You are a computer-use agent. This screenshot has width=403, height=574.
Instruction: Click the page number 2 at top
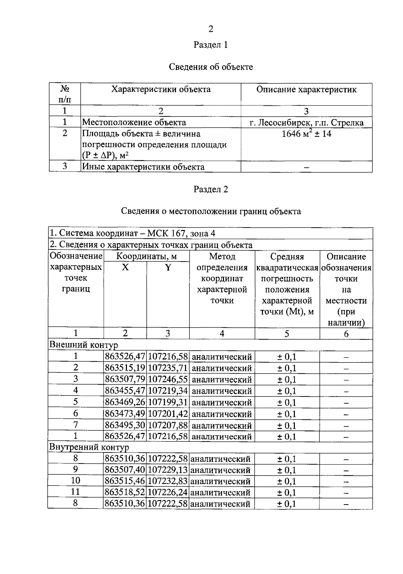211,29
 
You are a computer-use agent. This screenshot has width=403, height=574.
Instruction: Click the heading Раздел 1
211,45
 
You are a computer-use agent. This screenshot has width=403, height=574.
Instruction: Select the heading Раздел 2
211,189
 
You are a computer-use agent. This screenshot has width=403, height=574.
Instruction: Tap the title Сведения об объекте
211,67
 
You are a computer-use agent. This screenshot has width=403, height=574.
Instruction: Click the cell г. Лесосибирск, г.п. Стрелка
306,123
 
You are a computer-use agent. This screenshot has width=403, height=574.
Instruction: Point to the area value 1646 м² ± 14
306,134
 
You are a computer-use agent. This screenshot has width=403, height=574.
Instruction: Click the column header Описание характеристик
306,90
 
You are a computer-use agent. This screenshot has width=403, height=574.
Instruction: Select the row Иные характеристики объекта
143,167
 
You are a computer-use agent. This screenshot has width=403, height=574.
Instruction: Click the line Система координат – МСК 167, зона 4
133,233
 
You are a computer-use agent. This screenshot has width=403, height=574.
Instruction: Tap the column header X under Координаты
125,268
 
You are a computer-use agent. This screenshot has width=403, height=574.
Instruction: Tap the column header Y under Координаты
168,268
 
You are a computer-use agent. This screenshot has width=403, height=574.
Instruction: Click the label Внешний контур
84,345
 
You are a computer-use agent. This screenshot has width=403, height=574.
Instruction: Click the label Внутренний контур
89,447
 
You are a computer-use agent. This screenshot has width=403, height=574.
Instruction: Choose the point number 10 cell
76,481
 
